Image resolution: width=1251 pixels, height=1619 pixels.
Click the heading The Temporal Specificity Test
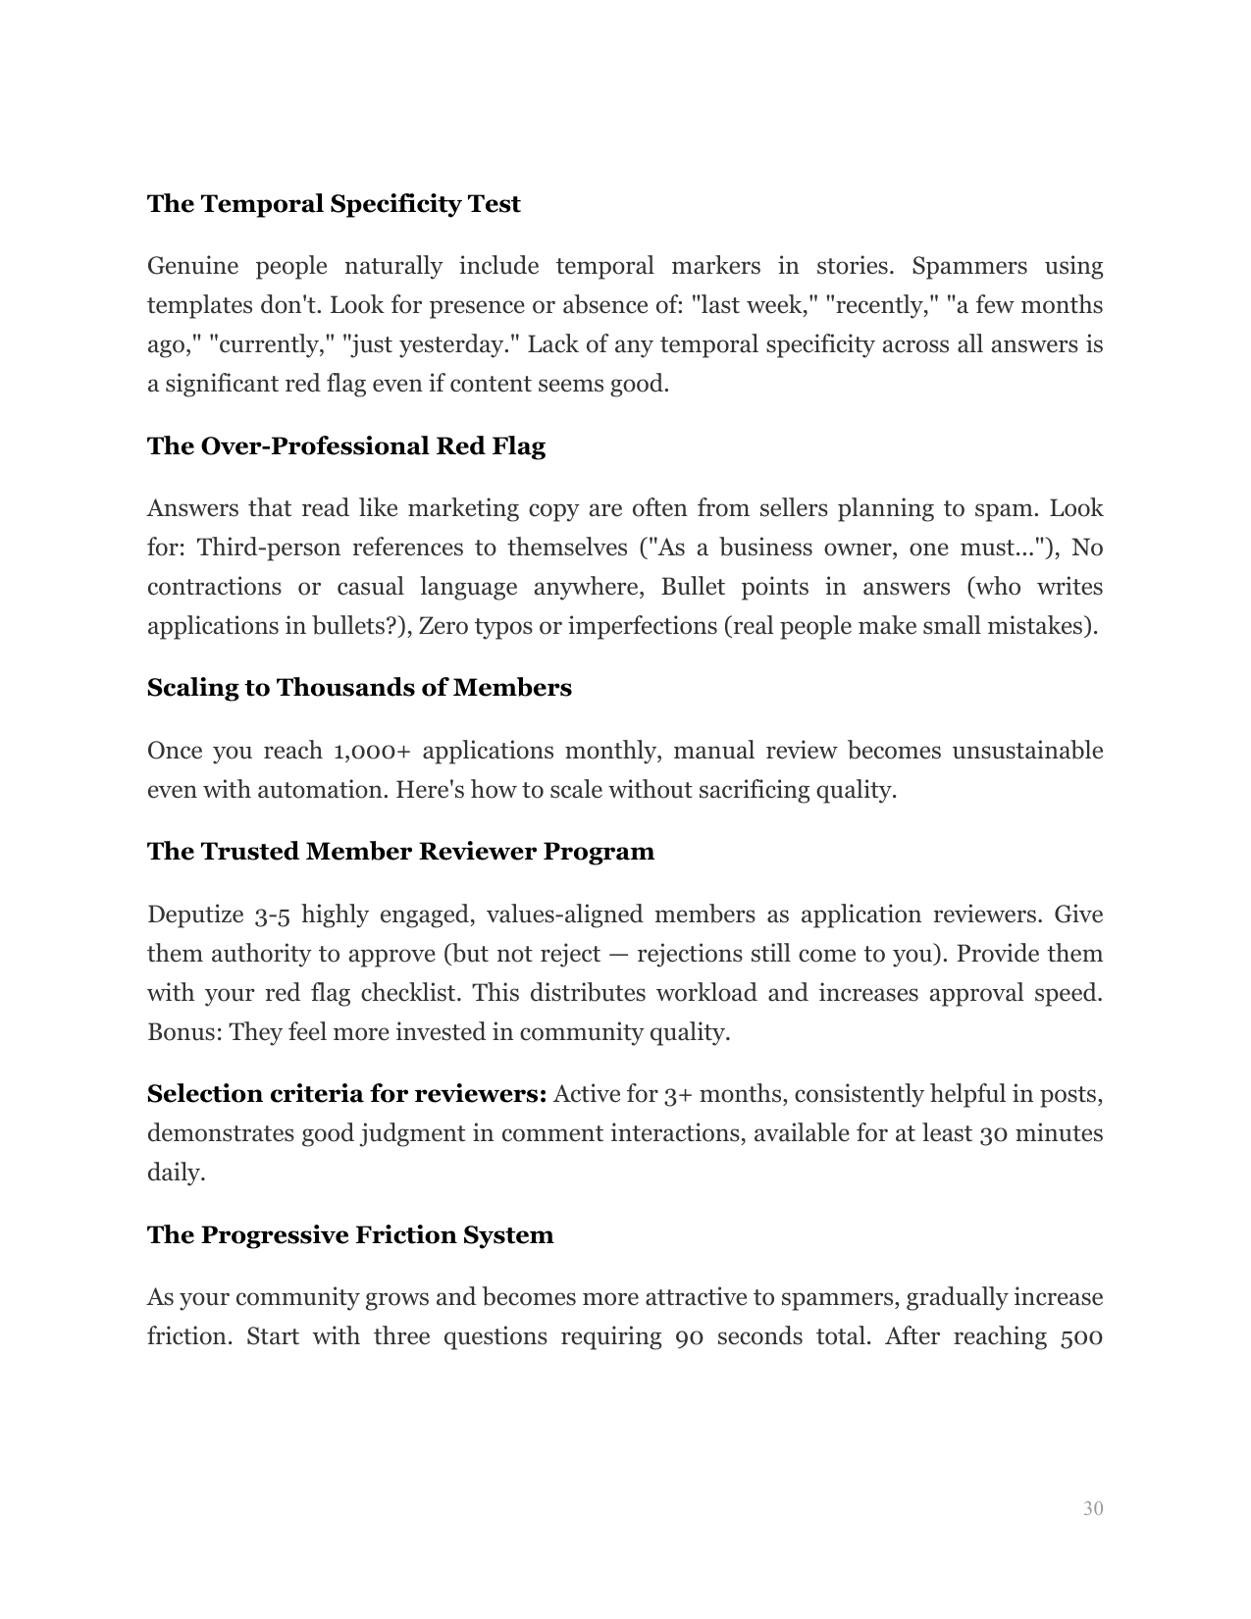[334, 204]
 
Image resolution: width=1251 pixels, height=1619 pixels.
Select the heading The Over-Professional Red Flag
[345, 446]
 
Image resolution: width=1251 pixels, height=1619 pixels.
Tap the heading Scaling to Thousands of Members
[359, 688]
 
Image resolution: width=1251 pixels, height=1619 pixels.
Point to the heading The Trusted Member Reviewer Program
[400, 851]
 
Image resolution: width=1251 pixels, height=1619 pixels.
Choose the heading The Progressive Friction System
[350, 1234]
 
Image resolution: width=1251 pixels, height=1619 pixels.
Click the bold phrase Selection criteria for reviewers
[346, 1094]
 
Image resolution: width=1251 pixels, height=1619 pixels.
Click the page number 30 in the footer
[1093, 1508]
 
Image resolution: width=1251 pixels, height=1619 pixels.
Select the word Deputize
[193, 915]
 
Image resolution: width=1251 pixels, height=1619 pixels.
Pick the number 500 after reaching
[1082, 1337]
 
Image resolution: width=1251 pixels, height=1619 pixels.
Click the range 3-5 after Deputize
[271, 915]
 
